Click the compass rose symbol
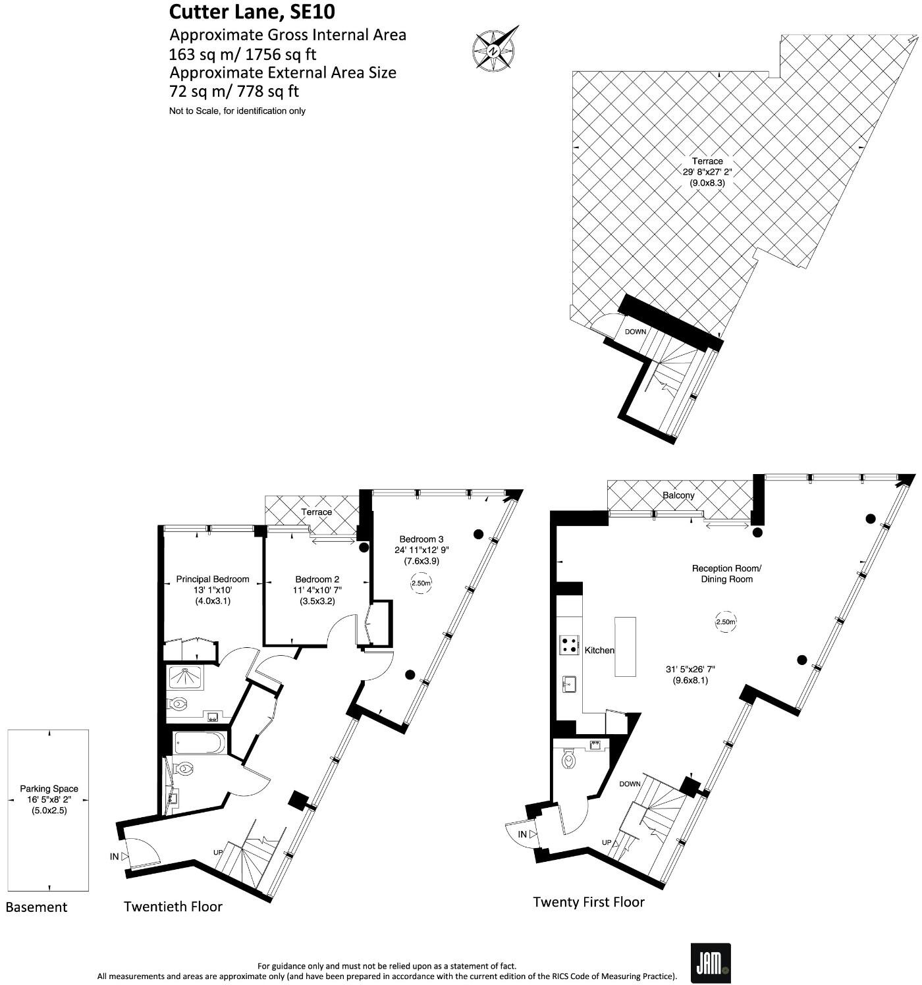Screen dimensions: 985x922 pos(495,49)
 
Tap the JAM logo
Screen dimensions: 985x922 pos(710,963)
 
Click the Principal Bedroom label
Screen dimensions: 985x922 pos(212,579)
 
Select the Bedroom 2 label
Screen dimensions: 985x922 pos(317,579)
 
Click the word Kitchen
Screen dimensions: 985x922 pos(599,651)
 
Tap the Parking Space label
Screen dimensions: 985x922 pos(49,789)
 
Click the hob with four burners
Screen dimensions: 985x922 pos(569,645)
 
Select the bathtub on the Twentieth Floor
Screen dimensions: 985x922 pos(201,743)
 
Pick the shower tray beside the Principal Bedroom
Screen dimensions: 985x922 pos(186,678)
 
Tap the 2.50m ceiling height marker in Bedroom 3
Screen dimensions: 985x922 pos(421,583)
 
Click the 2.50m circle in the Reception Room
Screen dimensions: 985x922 pos(725,622)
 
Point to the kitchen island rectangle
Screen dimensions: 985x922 pos(625,647)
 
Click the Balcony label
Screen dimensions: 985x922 pos(678,495)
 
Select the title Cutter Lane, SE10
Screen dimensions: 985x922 pos(237,12)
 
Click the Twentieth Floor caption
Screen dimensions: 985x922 pos(173,907)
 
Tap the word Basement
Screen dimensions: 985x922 pos(36,907)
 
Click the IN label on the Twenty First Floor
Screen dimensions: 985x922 pos(522,835)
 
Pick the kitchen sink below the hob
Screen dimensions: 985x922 pos(570,683)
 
